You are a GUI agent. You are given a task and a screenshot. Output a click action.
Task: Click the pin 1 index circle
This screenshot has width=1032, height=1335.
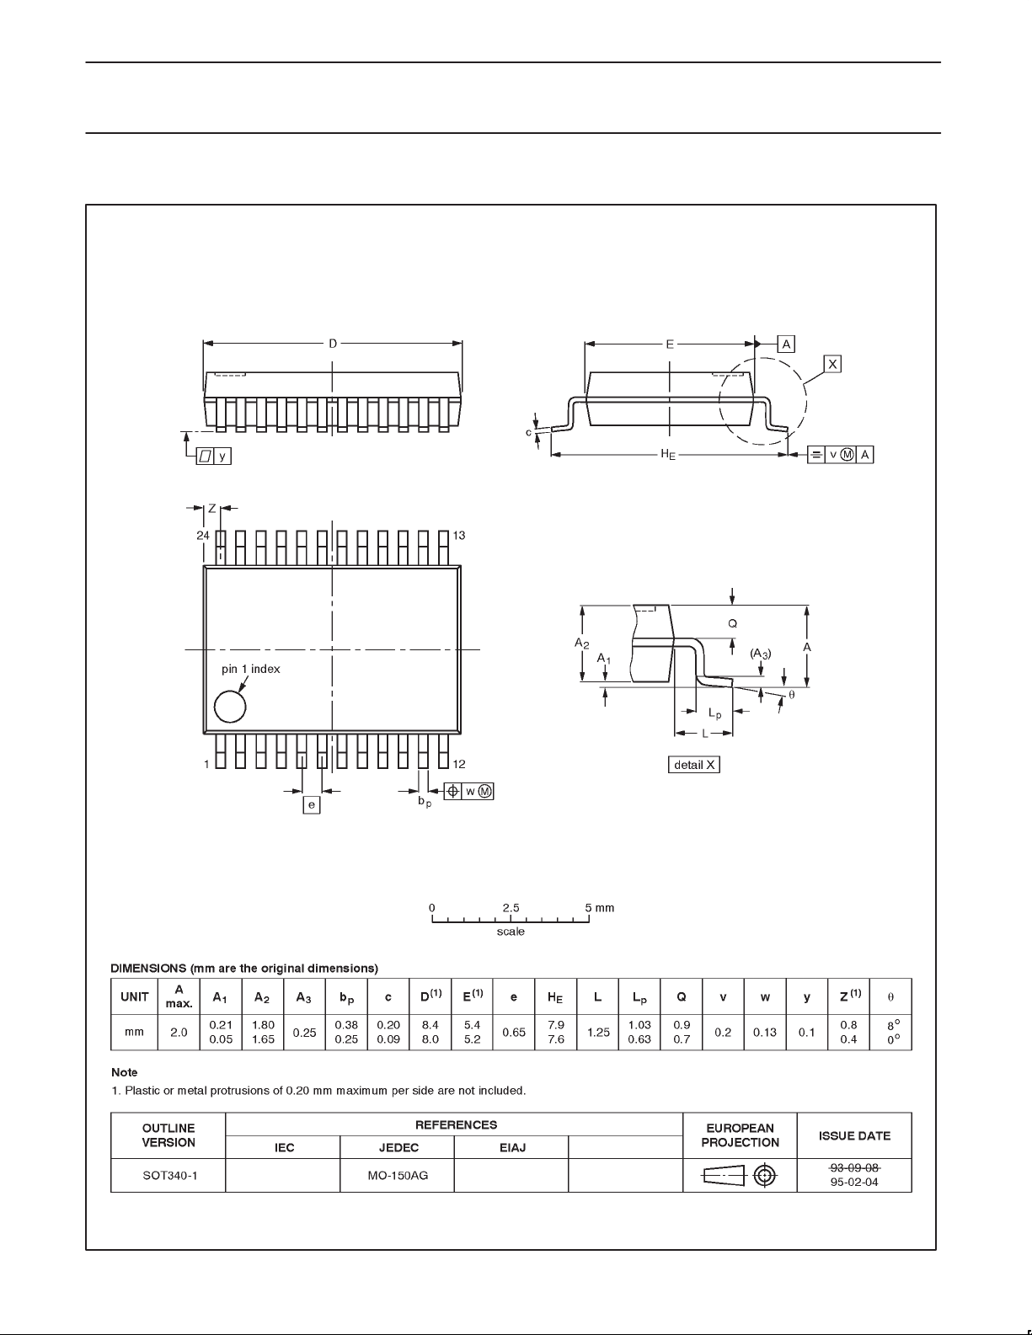point(230,707)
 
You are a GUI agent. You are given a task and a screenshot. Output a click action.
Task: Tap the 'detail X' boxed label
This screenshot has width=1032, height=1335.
point(694,765)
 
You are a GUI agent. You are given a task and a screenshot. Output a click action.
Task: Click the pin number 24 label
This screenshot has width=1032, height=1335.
point(203,536)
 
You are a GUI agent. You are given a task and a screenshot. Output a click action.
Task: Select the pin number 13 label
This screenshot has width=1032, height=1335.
point(459,536)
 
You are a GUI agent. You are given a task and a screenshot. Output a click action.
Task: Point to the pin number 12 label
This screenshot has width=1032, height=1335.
point(459,765)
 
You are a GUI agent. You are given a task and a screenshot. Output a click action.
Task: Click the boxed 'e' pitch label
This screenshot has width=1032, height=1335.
point(312,805)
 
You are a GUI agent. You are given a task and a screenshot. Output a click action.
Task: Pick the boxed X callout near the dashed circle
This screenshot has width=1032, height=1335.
point(832,364)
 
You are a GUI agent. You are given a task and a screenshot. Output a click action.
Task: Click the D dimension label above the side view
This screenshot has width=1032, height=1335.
point(333,344)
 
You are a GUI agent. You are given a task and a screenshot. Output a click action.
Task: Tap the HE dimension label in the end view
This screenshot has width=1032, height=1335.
point(668,455)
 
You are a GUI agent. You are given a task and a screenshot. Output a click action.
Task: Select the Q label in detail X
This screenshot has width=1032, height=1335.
point(732,624)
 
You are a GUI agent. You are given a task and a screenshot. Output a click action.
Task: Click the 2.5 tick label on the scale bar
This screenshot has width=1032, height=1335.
point(511,908)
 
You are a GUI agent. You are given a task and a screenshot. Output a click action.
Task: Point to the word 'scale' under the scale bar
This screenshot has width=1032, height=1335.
point(511,932)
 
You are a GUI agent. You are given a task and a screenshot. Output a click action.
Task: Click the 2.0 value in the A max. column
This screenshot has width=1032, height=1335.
point(179,1032)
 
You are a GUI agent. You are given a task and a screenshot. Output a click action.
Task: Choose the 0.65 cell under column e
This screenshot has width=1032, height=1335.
point(514,1032)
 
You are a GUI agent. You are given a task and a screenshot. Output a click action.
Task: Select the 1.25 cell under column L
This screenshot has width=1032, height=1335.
point(598,1032)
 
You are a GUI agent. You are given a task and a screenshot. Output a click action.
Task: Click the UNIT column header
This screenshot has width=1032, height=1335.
point(135,997)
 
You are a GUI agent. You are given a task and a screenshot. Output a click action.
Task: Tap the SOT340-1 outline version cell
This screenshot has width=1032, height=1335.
point(169,1175)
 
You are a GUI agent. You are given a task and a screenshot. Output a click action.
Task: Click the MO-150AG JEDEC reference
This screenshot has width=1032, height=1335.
point(398,1175)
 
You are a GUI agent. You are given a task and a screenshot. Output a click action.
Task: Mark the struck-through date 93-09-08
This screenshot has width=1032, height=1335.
point(855,1167)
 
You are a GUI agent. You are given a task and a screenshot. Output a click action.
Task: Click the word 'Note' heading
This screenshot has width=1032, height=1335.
point(125,1072)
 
